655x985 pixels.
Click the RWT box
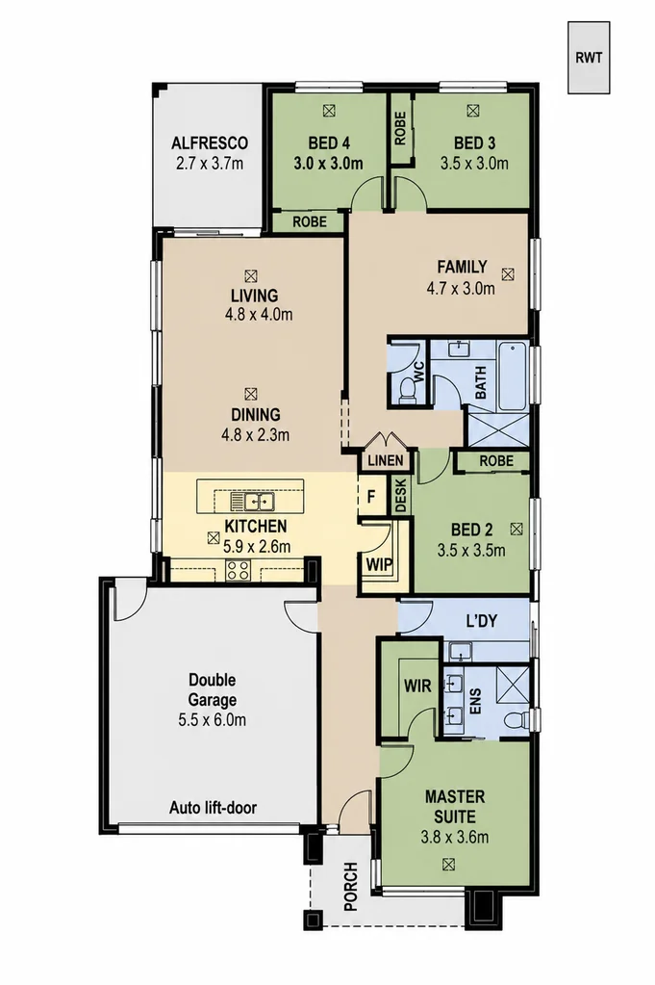point(589,57)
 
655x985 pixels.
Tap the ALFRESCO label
point(210,143)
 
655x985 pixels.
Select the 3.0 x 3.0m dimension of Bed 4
point(328,164)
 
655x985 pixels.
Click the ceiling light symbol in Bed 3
point(472,111)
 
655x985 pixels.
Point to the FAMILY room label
point(462,267)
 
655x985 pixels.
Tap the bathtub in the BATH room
point(514,376)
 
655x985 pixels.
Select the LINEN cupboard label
point(386,460)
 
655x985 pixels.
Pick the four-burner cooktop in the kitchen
point(238,570)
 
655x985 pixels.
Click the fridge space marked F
point(371,498)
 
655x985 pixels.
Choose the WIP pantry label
point(379,564)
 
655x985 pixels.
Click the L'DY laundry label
point(482,621)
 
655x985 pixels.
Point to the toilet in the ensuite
point(517,720)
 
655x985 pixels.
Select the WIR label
point(417,685)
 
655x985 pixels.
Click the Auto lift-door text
point(213,807)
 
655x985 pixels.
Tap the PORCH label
point(351,887)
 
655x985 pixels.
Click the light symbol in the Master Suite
point(448,865)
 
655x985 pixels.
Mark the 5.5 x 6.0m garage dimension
point(212,720)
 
